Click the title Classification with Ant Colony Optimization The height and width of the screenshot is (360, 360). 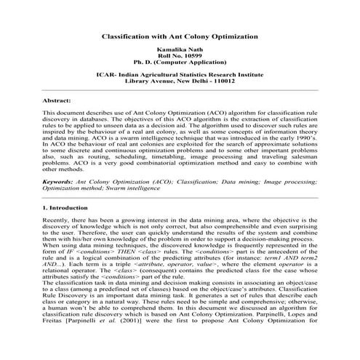coord(180,36)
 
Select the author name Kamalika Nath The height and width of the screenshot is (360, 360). coord(180,52)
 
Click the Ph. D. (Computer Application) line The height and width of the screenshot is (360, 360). coord(180,66)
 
